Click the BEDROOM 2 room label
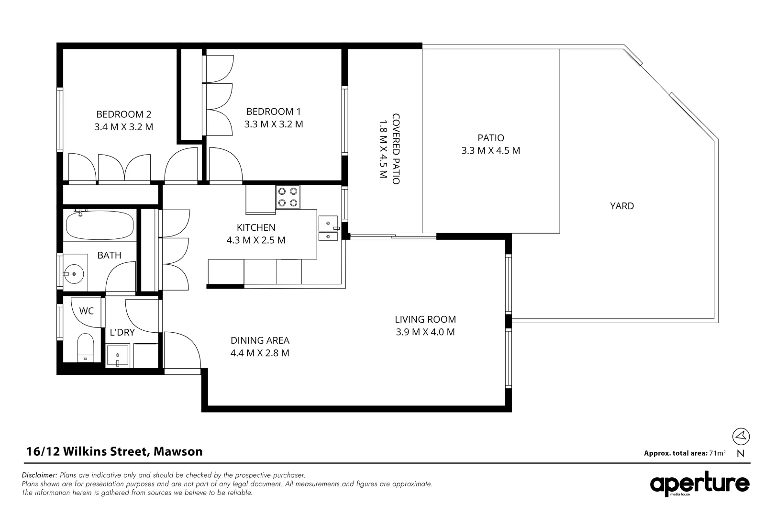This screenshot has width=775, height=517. (123, 114)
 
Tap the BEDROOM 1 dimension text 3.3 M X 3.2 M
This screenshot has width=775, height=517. (273, 124)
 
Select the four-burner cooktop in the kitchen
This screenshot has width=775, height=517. (288, 197)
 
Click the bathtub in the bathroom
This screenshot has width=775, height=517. (100, 225)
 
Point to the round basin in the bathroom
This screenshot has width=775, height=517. (74, 274)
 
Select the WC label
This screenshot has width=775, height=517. (87, 311)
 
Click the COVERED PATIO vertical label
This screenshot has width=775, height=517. (396, 148)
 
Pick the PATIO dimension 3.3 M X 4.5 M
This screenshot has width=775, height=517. (490, 151)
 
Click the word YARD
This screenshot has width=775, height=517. (621, 206)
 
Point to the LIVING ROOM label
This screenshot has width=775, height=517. (425, 319)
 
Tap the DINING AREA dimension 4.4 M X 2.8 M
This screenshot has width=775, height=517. (260, 354)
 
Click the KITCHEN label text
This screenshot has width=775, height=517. (256, 228)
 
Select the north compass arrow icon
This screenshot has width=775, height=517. (741, 436)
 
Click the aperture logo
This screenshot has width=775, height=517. (699, 484)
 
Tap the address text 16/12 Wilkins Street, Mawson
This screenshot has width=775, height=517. (114, 451)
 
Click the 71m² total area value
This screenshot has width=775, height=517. (718, 453)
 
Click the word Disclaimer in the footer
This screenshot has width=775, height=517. (39, 475)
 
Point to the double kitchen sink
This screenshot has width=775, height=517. (328, 229)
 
